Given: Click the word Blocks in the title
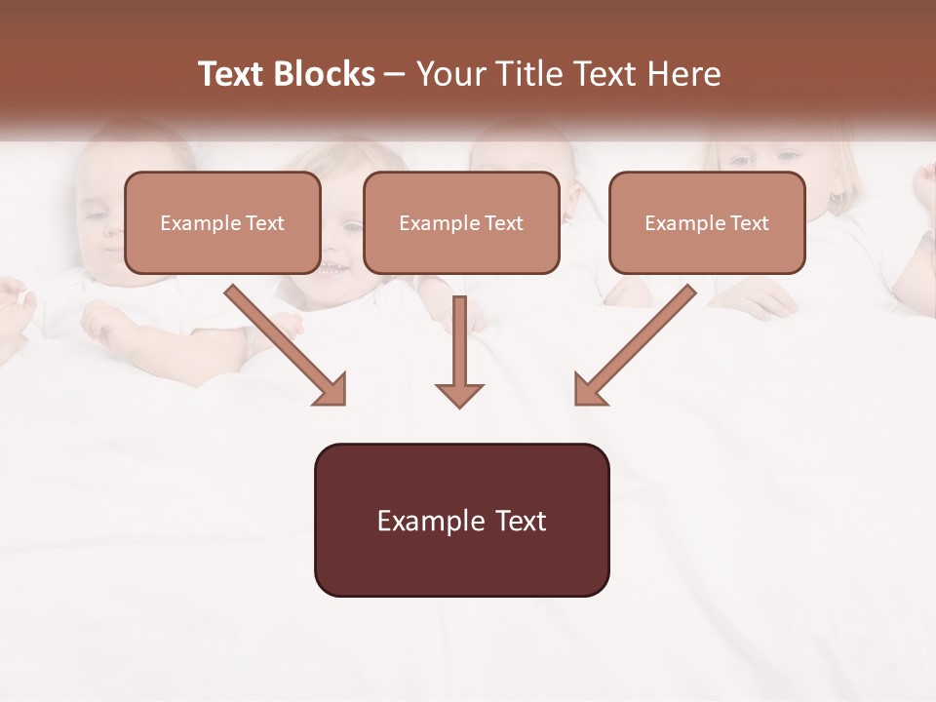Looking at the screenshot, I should point(324,74).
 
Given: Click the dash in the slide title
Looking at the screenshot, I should point(395,75).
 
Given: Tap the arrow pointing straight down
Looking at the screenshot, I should point(459,351).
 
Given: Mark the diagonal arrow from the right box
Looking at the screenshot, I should point(634,345).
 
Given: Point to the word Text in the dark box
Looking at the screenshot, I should point(520,521).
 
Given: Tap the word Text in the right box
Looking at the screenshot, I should point(750,223).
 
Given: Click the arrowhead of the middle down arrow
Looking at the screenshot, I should point(459,394).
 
